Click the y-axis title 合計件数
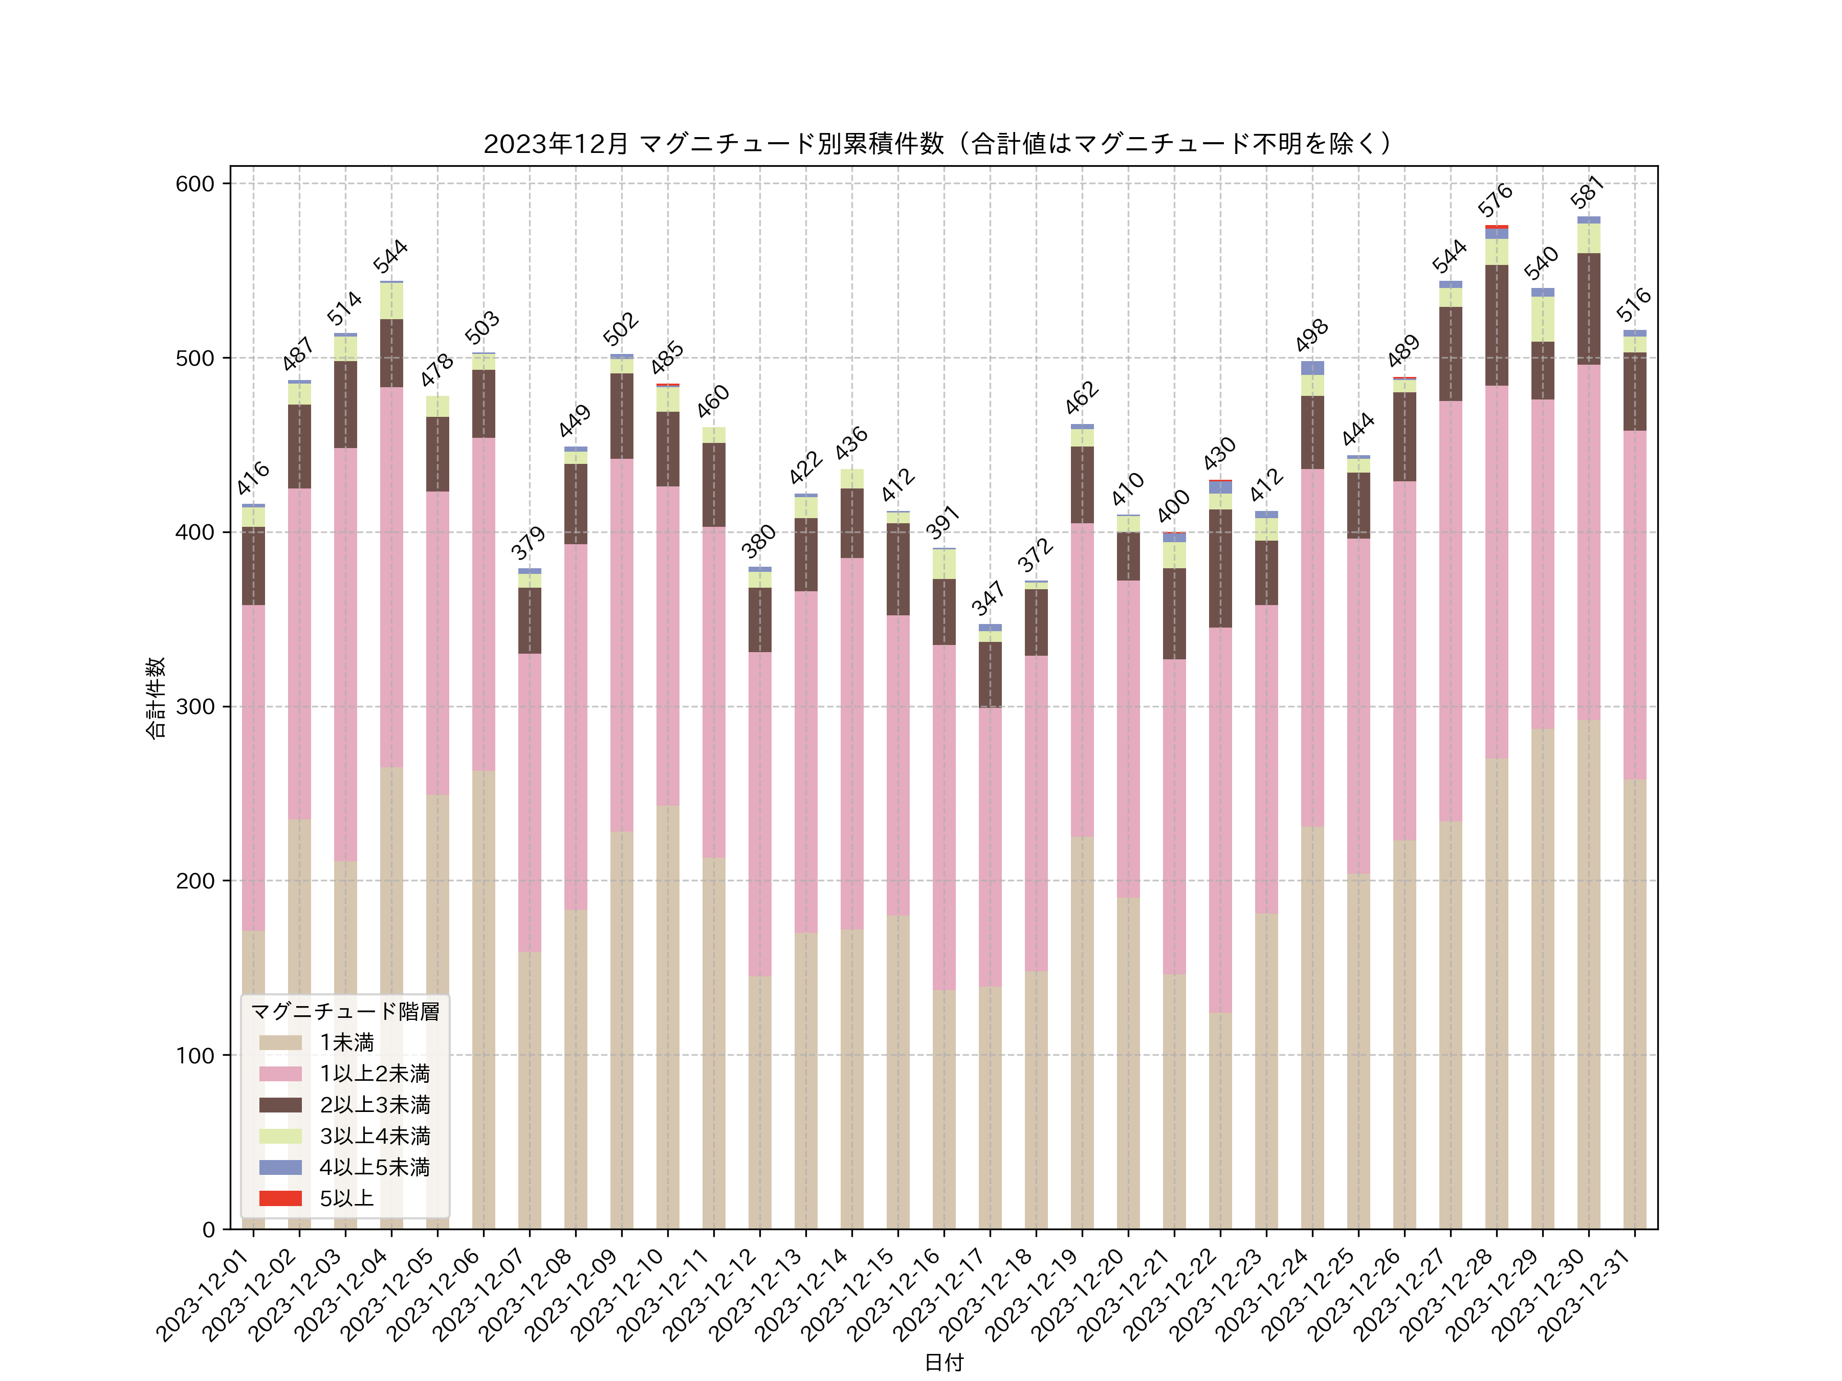click(x=156, y=698)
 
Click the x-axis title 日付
click(x=944, y=1362)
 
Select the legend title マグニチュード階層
click(x=345, y=1011)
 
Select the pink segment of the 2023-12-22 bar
click(x=1220, y=820)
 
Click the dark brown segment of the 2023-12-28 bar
click(x=1497, y=325)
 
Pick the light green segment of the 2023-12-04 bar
click(x=391, y=301)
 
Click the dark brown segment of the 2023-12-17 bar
click(x=990, y=674)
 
